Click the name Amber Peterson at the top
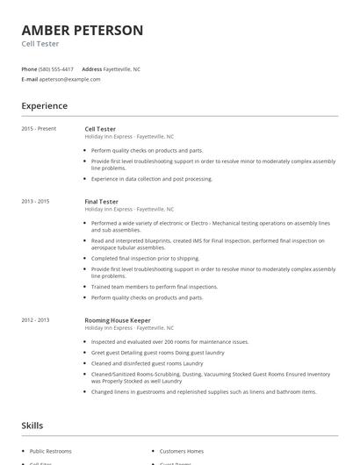pos(82,30)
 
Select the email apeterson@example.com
pos(70,79)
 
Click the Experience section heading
pos(44,106)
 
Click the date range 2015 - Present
pos(39,129)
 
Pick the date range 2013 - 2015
pos(35,202)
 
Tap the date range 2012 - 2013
pos(35,320)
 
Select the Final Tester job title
pos(101,202)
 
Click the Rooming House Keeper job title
pos(117,320)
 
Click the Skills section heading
pos(32,426)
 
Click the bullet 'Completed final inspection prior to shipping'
pos(146,258)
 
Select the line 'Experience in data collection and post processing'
pos(152,179)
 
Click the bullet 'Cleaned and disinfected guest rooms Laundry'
pos(147,362)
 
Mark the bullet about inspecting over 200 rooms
pos(169,341)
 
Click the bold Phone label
pos(29,68)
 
